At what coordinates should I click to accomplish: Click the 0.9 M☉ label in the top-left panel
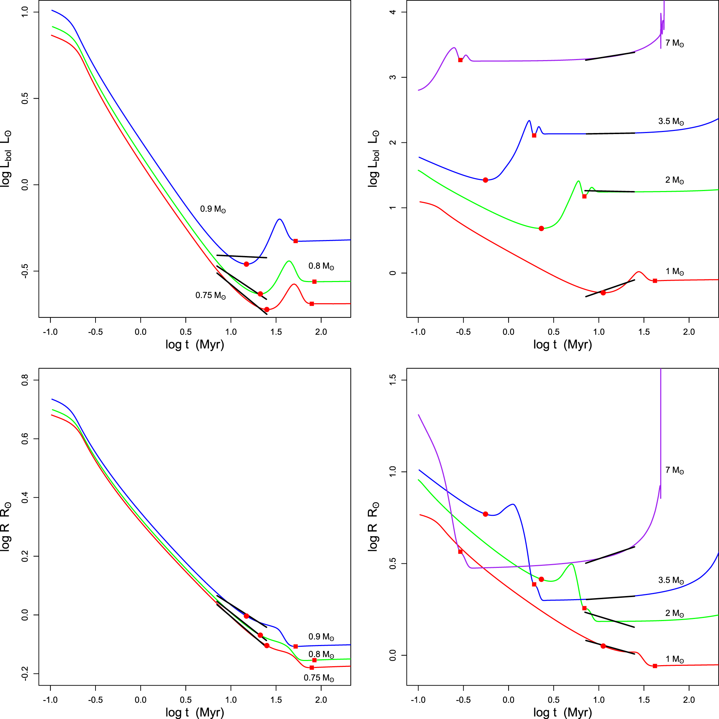pos(213,209)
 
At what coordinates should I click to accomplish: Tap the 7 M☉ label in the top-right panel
pos(674,43)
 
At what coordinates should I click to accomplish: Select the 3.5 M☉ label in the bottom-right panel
pos(671,580)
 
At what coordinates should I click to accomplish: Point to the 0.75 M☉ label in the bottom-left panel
pos(319,678)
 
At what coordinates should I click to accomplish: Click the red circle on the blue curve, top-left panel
pos(246,264)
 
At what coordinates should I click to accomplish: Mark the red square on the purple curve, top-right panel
pos(460,60)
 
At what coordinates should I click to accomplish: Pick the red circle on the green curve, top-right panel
pos(541,229)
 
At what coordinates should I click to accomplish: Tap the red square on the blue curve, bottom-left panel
pos(296,646)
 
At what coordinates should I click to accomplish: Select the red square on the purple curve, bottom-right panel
pos(460,552)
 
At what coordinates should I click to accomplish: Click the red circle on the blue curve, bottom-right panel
pos(485,514)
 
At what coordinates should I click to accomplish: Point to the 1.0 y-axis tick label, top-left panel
pos(25,12)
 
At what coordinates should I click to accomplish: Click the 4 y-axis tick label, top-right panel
pos(392,12)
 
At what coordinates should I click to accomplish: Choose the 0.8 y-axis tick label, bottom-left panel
pos(25,380)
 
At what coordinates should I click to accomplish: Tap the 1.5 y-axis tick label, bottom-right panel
pos(392,380)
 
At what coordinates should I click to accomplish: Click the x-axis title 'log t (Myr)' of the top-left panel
pos(195,345)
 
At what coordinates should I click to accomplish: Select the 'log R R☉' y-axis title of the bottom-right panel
pos(373,526)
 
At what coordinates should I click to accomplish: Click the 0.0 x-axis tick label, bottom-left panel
pos(141,700)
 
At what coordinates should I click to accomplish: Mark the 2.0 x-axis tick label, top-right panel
pos(689,332)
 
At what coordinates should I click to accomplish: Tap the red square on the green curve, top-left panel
pos(314,282)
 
